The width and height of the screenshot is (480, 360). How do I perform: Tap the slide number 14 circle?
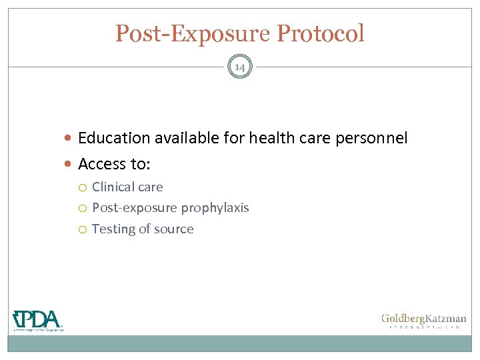click(x=240, y=67)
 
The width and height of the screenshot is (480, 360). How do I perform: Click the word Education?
click(x=113, y=138)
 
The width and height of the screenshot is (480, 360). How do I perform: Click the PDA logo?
click(x=37, y=320)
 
